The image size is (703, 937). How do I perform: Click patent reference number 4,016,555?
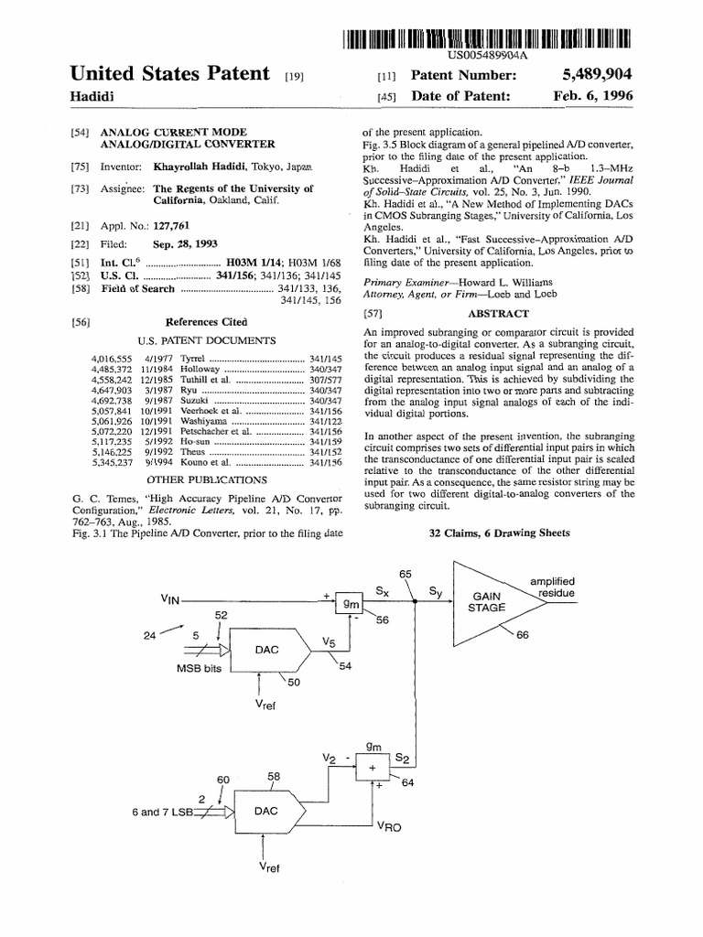[x=114, y=357]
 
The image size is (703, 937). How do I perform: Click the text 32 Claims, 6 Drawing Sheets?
[x=499, y=533]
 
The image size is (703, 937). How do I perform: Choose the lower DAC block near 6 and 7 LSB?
[x=265, y=811]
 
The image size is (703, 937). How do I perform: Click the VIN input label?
[x=170, y=599]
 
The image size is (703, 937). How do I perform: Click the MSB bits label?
[x=200, y=667]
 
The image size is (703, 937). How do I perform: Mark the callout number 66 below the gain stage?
[x=523, y=636]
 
